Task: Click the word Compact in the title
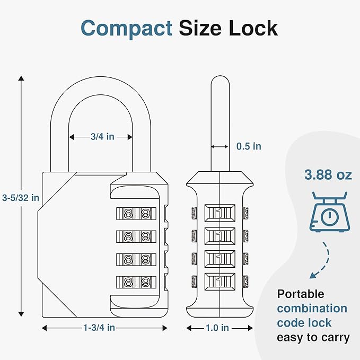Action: [x=127, y=28]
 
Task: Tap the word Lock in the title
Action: [x=253, y=28]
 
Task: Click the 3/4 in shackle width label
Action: [x=102, y=137]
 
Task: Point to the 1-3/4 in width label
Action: [x=99, y=328]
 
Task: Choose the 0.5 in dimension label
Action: [x=249, y=146]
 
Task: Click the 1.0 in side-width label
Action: [x=217, y=328]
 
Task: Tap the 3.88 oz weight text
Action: [x=328, y=175]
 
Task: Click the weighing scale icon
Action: [x=329, y=212]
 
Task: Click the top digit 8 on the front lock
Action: [x=128, y=214]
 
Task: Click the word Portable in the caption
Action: [x=301, y=294]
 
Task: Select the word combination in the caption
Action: [x=312, y=309]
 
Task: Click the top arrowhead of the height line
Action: [x=21, y=79]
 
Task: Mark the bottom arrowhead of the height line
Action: [x=21, y=313]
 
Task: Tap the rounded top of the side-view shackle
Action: [x=219, y=81]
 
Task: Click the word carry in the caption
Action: [x=334, y=337]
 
